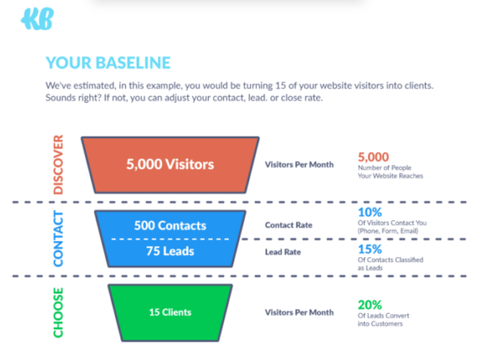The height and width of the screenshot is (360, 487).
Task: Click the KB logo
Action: (37, 19)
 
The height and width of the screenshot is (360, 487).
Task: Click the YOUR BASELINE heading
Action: (108, 62)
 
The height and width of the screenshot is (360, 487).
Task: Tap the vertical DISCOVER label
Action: (58, 165)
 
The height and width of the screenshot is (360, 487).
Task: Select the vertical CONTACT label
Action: (58, 238)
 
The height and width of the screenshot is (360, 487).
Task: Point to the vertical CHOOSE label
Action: (58, 312)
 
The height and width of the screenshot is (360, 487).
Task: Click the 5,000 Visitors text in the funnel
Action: (170, 164)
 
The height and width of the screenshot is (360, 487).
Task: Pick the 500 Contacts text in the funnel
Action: (170, 225)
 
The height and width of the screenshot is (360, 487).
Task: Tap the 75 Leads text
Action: (170, 251)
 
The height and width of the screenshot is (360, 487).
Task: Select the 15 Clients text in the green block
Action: (170, 312)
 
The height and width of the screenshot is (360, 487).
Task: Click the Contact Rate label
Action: (288, 225)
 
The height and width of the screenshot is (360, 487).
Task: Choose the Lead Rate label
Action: (283, 252)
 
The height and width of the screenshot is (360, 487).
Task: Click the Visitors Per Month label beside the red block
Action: (299, 165)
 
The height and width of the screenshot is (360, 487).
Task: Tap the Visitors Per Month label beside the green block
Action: (299, 312)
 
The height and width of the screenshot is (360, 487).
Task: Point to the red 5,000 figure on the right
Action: (373, 157)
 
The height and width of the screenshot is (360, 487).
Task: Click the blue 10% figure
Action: (370, 212)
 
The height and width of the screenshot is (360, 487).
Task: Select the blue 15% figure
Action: (370, 249)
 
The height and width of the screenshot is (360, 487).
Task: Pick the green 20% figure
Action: (370, 305)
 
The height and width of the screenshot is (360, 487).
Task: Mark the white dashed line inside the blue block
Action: (170, 239)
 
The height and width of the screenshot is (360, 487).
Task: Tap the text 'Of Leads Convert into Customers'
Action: (383, 320)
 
